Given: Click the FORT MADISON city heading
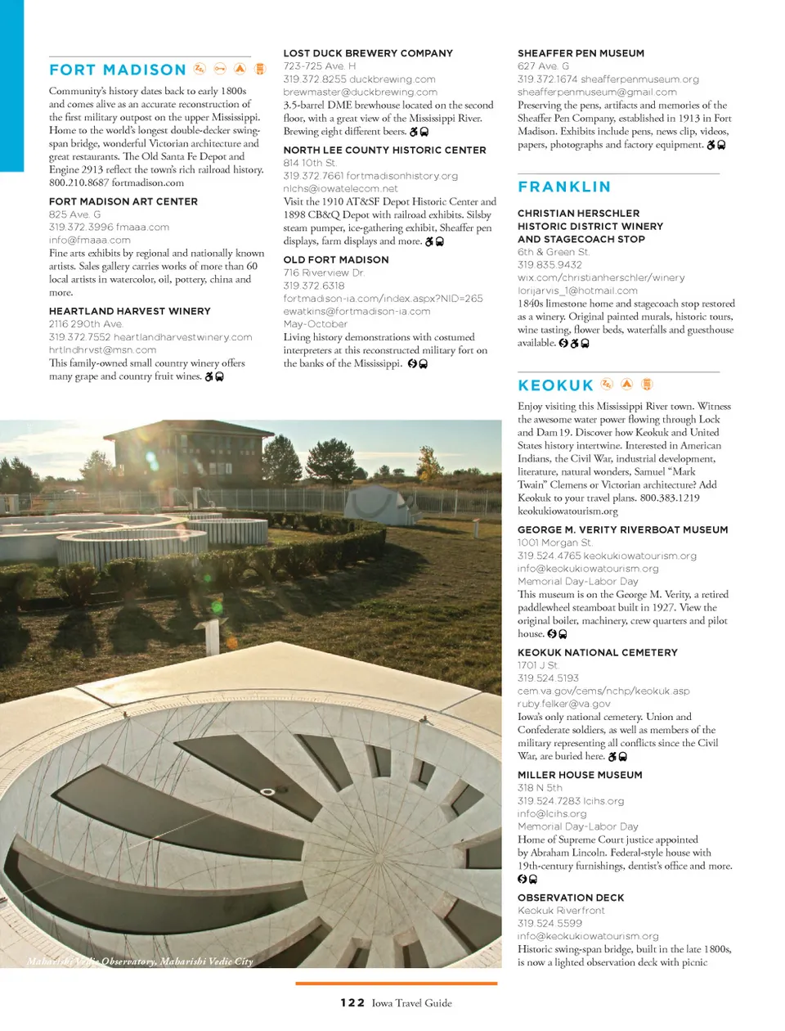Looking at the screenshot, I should pos(118,70).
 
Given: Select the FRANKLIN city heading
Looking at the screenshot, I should pos(564,187).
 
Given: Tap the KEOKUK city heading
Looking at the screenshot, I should pos(556,385).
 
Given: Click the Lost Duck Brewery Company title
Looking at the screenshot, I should pos(368,53).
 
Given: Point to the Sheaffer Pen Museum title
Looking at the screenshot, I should pos(581,53).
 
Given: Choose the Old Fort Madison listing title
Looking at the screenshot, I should pos(336,259).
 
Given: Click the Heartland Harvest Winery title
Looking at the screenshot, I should pos(129,311).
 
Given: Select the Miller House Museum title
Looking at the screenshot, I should pos(580,775).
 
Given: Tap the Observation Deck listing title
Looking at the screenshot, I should pos(571,898).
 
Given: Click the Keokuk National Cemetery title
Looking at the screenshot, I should pos(598,652).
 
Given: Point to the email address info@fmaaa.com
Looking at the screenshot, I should pos(90,241).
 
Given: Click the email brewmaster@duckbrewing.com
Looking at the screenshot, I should pos(361,92).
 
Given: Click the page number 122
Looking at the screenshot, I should pos(352,1002).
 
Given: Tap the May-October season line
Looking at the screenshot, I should pos(316,324).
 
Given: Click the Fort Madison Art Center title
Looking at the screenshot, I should pos(123,201).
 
